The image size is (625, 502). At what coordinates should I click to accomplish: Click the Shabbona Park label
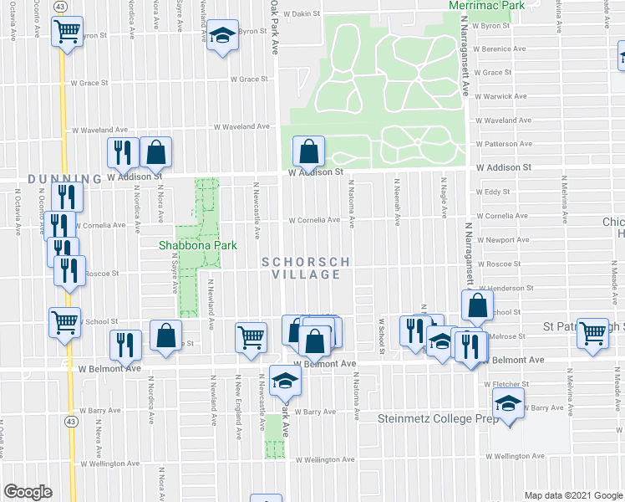pos(198,245)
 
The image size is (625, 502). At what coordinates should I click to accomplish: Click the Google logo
pos(28,492)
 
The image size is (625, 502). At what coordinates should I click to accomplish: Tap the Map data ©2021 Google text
pos(574,495)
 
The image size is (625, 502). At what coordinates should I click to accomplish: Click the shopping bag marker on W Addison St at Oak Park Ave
pos(309,151)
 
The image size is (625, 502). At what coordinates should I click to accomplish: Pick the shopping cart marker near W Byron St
pos(66,33)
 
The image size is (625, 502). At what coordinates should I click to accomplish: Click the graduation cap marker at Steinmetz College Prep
pos(508,404)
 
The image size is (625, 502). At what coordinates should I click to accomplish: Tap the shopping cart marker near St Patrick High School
pos(593,333)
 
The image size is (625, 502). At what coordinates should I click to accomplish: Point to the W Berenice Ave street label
pos(501,49)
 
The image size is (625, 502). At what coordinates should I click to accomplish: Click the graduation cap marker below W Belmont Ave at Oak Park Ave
pos(285,382)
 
